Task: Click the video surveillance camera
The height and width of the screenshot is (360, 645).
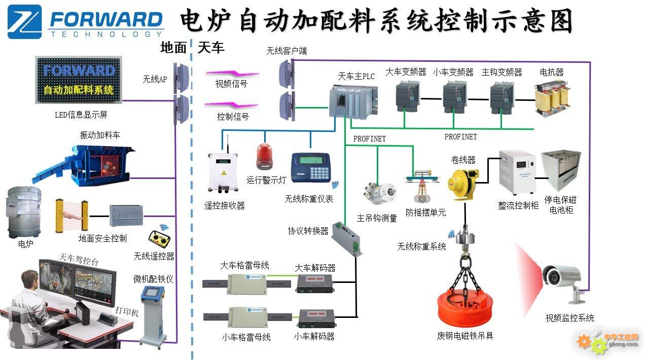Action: point(562,278)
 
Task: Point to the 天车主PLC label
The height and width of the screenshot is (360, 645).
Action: point(356,77)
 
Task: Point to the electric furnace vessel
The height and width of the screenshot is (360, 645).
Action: point(23,213)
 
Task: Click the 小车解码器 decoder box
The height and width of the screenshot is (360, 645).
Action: point(316,317)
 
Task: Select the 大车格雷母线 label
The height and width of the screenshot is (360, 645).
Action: point(244,265)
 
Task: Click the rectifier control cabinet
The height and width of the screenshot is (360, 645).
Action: point(517,172)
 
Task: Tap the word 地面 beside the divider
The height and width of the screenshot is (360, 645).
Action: point(173,48)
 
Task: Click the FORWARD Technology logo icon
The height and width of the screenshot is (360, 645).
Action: point(24,22)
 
